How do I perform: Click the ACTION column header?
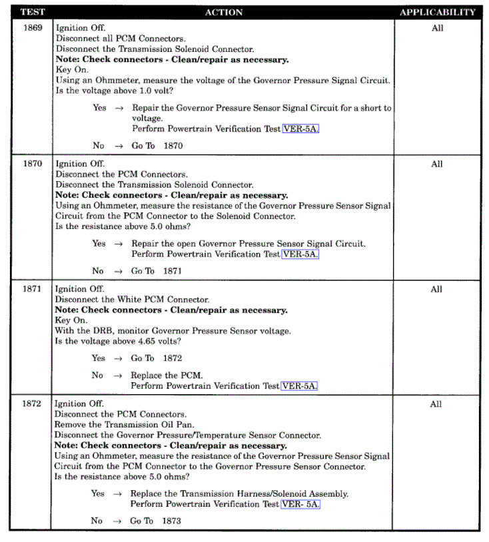(x=224, y=13)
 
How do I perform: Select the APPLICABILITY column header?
(x=437, y=13)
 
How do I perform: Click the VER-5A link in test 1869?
(x=300, y=129)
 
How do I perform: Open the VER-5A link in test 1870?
(x=300, y=254)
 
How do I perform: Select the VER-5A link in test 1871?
(x=300, y=386)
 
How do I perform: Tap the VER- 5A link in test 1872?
(x=300, y=504)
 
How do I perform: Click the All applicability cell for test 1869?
(x=437, y=29)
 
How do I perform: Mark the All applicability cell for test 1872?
(x=436, y=404)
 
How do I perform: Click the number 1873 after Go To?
(x=171, y=521)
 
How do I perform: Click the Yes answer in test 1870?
(x=99, y=244)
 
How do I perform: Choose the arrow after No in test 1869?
(x=118, y=146)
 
